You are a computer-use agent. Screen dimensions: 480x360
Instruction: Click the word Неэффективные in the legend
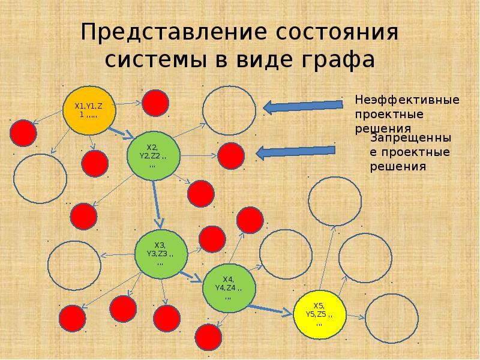click(407, 100)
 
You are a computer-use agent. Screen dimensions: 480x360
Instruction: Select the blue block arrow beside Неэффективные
click(303, 106)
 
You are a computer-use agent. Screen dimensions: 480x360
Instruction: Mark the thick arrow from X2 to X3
click(157, 205)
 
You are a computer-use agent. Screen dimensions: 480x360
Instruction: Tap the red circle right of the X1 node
click(155, 103)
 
